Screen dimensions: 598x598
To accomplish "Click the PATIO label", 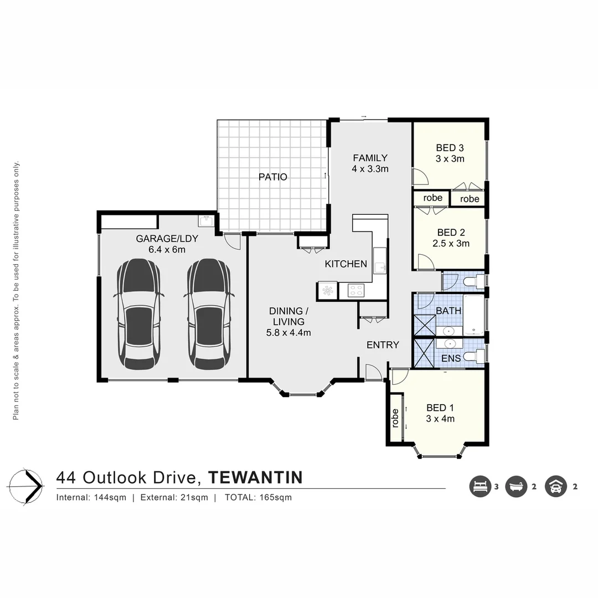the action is tap(273, 177).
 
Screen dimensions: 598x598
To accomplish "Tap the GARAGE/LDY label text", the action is tap(167, 239).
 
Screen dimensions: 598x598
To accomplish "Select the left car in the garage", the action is tap(139, 314).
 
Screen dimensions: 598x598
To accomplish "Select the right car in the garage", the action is tap(209, 314).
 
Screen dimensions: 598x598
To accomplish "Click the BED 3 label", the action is tap(450, 148).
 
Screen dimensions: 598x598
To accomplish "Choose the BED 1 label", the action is tap(440, 408).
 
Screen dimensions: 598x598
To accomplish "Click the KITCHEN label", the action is tap(346, 264).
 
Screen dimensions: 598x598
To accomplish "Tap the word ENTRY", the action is tap(383, 345).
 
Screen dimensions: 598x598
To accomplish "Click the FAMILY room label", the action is tap(370, 158).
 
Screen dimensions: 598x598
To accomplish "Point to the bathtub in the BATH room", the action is tap(474, 315).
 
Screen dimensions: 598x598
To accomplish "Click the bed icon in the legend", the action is tap(480, 487).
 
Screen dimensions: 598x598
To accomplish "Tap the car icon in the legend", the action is tap(555, 487).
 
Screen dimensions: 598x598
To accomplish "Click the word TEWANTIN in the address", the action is tap(255, 477).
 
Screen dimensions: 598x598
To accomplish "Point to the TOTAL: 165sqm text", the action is tap(258, 497).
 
